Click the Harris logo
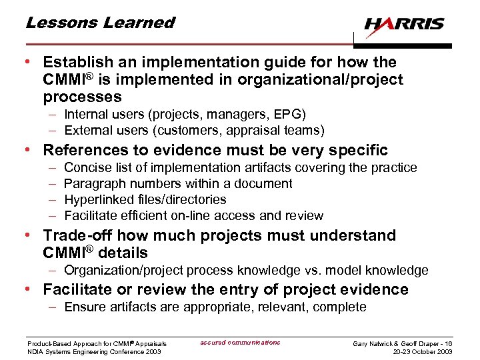point(404,25)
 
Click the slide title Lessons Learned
point(100,23)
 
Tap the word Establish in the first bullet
point(74,63)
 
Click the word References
point(84,150)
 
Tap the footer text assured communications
point(240,343)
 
